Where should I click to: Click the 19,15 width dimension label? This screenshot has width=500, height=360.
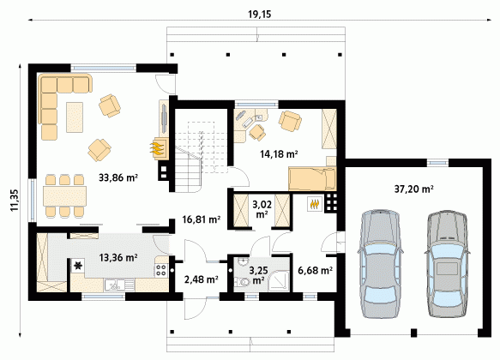(260, 15)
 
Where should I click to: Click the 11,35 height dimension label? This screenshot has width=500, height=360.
(15, 201)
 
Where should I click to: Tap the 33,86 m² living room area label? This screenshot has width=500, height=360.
(118, 177)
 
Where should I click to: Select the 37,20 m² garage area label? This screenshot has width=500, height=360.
(413, 189)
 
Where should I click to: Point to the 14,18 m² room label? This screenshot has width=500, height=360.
(279, 154)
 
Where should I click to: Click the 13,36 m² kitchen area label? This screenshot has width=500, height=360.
(118, 257)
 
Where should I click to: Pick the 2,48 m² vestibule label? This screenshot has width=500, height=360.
(202, 279)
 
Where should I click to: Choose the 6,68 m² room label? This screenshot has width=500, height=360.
(315, 271)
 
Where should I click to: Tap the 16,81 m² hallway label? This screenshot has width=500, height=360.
(202, 219)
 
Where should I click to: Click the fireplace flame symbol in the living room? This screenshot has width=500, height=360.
(158, 148)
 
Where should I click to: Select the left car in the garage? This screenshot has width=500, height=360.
(380, 263)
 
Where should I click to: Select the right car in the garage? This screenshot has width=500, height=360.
(447, 263)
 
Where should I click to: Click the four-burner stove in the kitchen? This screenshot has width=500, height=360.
(162, 271)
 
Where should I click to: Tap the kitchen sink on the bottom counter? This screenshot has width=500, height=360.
(119, 285)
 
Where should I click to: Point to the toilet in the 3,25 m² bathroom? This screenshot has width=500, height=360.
(243, 282)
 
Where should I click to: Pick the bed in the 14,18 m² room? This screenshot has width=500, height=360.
(312, 178)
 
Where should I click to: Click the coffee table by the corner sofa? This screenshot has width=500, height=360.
(75, 117)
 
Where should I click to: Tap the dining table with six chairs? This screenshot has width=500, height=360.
(64, 195)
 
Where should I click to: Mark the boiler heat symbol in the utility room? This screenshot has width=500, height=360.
(315, 204)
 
